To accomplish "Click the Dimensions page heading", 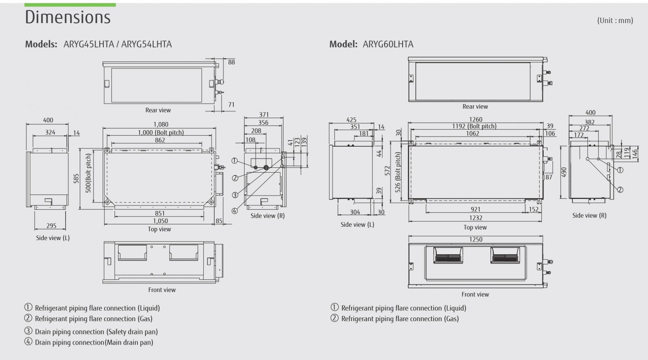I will [x=68, y=17].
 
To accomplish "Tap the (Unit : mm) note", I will [x=615, y=20].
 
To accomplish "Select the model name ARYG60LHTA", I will [x=388, y=44].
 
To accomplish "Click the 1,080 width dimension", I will [x=161, y=124].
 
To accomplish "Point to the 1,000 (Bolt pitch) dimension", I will [x=161, y=132].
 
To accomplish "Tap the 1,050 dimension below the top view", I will [x=160, y=221].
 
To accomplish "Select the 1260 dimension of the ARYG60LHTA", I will [x=476, y=119].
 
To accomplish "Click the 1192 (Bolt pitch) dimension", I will [x=474, y=126].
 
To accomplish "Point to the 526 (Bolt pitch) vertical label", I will [x=398, y=172].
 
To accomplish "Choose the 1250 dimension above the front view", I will [x=476, y=239].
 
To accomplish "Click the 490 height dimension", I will [x=564, y=172].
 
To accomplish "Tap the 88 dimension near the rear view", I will [x=231, y=62].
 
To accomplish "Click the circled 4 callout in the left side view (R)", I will [x=234, y=211].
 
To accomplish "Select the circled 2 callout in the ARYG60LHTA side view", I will [x=620, y=190].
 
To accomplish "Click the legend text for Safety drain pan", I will [x=96, y=332].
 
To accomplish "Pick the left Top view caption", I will [x=159, y=229].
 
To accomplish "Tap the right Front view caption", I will [x=475, y=294].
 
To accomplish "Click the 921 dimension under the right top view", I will [x=475, y=209].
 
